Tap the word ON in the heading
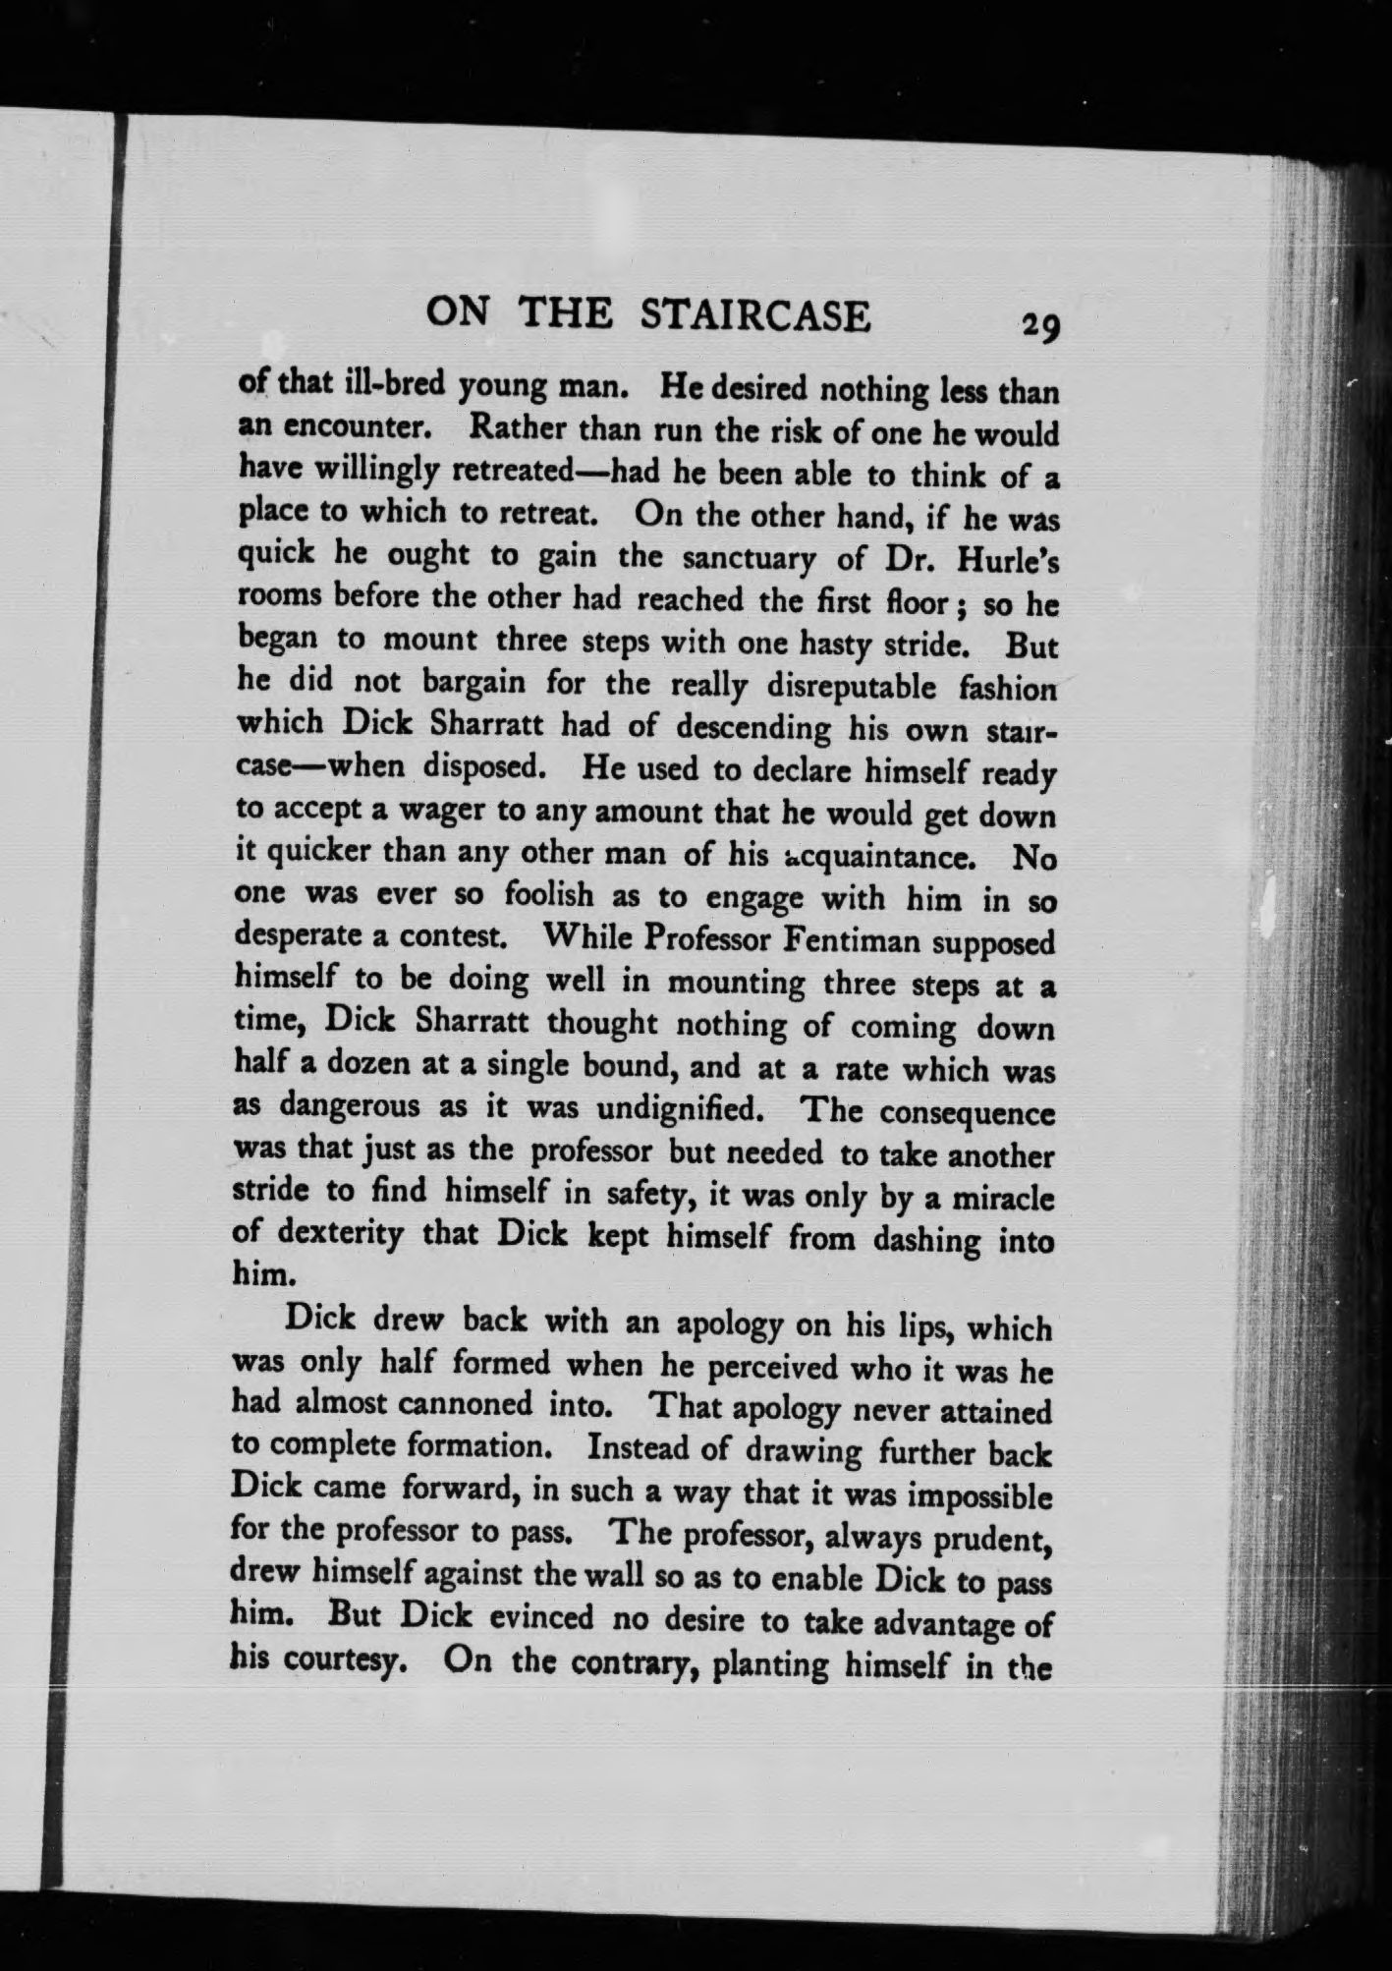458,312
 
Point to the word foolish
548,896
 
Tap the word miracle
1004,1199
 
